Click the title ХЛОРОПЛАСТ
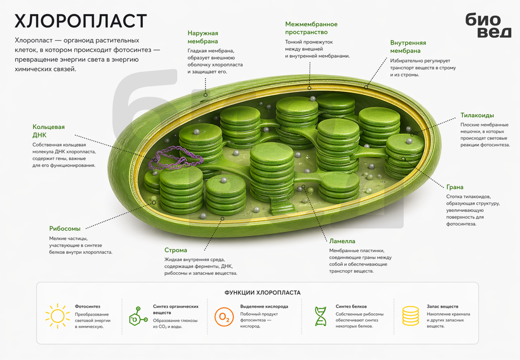80,21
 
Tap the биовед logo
488,25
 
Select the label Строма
175,250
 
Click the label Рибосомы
65,229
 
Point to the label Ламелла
342,241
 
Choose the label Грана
455,187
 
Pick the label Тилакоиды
477,115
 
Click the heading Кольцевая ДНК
49,131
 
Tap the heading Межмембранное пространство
311,28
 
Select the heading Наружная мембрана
203,37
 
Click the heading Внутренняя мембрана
408,47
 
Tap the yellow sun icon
57,316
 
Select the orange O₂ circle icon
224,317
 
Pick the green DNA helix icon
321,316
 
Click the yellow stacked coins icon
410,316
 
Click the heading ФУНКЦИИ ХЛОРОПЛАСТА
262,292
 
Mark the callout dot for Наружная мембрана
206,95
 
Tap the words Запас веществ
443,306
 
